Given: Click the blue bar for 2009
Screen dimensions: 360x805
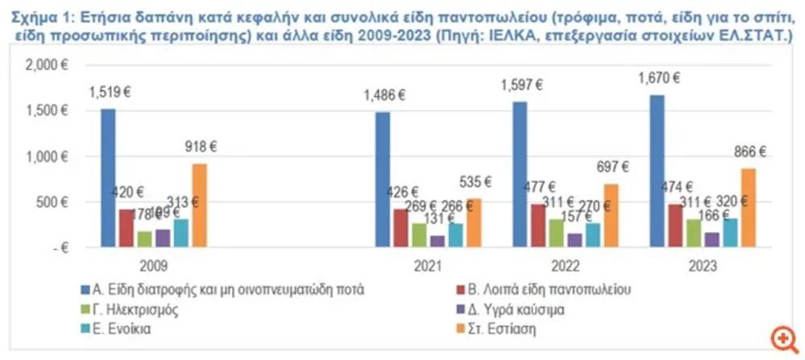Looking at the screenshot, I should click(x=108, y=178).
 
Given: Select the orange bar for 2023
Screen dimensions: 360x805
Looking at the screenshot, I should click(x=749, y=208).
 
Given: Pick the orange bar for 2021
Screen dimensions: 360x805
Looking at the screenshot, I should click(x=474, y=223).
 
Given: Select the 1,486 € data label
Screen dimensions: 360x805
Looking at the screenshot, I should click(x=384, y=96).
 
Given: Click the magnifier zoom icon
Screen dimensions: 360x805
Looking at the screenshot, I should click(x=781, y=337).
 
